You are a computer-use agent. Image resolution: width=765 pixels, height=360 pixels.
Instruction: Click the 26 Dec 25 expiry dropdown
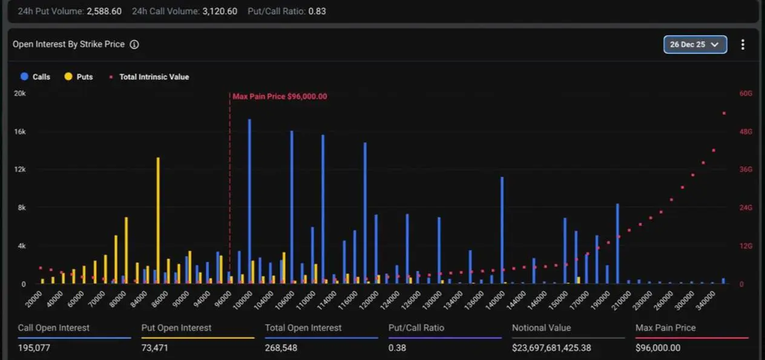(695, 45)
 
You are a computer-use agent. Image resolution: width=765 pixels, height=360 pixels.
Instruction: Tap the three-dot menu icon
(743, 45)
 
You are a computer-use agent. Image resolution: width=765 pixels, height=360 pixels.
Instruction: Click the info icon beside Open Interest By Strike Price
(134, 45)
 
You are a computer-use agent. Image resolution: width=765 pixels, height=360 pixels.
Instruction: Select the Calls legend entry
(36, 77)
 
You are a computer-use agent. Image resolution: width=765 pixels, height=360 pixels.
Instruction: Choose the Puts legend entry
(79, 77)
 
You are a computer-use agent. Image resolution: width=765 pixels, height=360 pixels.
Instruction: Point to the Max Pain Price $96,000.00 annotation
(280, 96)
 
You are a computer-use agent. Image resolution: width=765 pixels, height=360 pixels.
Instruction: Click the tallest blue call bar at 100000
(249, 200)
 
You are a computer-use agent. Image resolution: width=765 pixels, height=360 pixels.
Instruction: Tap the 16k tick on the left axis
(20, 132)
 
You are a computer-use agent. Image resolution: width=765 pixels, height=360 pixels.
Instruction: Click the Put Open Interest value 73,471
(155, 348)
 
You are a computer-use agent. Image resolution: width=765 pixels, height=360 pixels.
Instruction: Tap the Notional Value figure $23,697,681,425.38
(551, 348)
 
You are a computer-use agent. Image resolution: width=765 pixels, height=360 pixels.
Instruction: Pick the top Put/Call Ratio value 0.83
(317, 11)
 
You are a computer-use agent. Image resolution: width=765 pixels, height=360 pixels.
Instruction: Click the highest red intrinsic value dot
(724, 113)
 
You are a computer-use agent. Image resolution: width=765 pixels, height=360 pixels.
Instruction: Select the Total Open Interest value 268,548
(281, 348)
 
